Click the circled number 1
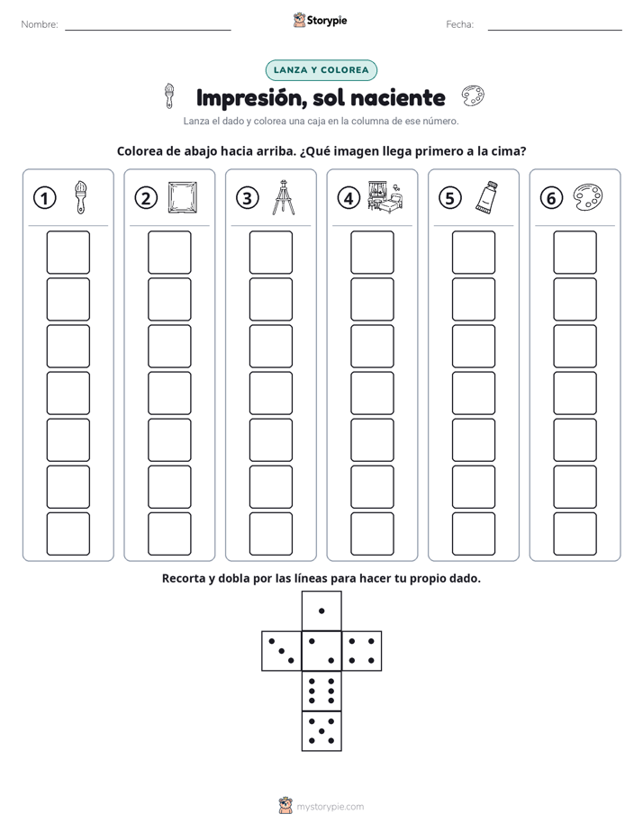44,198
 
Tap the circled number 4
349,198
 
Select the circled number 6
551,198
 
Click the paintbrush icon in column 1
81,197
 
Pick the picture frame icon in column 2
182,197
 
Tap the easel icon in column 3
284,197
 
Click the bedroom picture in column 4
385,197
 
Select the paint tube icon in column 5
486,197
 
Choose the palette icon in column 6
588,197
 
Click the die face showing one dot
321,610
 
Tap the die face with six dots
321,691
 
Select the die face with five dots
321,730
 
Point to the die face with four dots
362,650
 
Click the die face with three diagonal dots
282,650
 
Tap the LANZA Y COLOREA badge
321,70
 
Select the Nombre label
40,24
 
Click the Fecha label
459,24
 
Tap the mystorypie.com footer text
330,807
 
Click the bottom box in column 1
68,534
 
